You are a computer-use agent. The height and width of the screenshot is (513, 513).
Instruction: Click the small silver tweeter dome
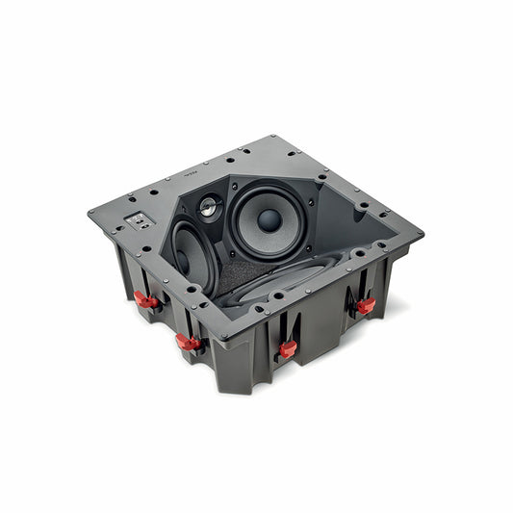pyautogui.click(x=209, y=205)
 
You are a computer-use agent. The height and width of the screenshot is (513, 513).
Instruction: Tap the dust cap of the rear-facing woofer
pyautogui.click(x=269, y=219)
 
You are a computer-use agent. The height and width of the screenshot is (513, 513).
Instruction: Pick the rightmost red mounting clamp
pyautogui.click(x=366, y=306)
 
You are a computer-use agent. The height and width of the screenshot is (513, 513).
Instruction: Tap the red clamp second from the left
pyautogui.click(x=189, y=342)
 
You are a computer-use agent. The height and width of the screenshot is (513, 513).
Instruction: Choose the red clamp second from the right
pyautogui.click(x=287, y=349)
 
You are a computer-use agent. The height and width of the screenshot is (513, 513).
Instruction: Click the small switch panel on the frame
pyautogui.click(x=141, y=220)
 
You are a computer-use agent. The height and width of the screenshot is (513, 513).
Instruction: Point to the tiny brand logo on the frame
pyautogui.click(x=189, y=176)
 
